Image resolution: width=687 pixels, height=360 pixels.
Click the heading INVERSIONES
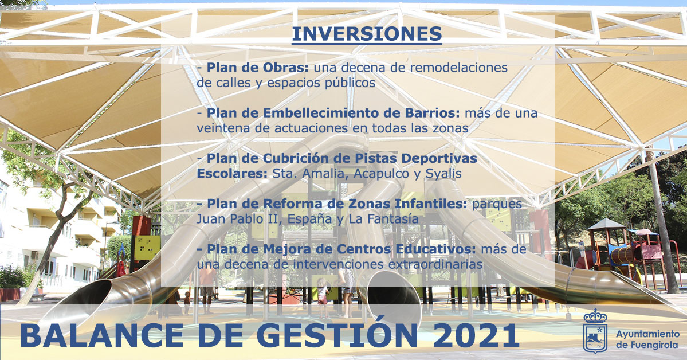click(x=367, y=34)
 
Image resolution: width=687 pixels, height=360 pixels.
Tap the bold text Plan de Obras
click(x=258, y=68)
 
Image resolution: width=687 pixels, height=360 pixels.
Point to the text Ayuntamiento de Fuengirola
click(x=647, y=339)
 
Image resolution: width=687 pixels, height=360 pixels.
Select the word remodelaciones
click(x=459, y=68)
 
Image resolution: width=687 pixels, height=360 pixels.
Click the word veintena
click(x=223, y=128)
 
